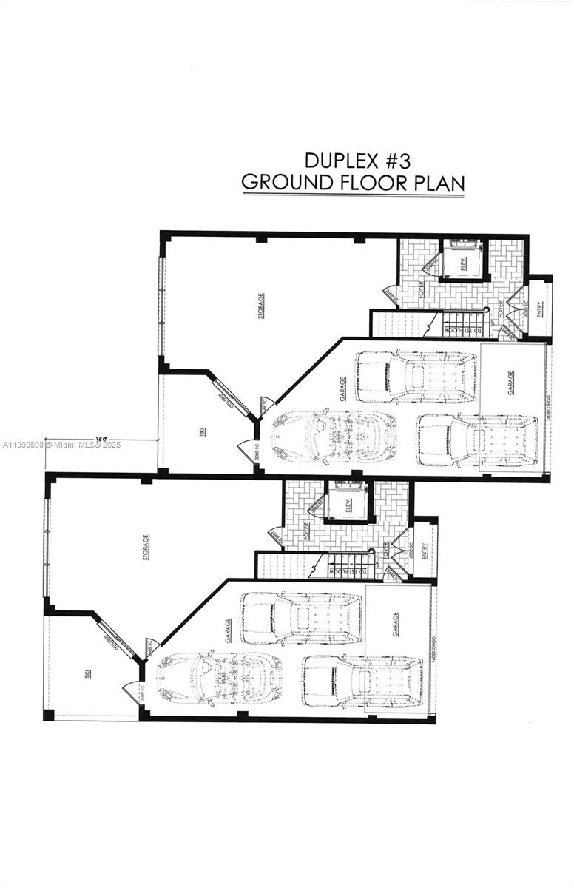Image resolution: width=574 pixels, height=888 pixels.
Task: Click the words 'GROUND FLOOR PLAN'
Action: coord(353,183)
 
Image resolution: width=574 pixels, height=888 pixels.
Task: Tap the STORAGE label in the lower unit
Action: coord(146,546)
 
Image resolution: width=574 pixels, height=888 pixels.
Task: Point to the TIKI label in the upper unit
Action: coord(203,432)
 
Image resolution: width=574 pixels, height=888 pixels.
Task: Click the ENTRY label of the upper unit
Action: coord(540,309)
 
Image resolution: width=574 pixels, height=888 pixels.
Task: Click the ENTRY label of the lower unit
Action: coord(425,551)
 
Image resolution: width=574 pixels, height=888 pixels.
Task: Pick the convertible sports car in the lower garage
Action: coord(219,676)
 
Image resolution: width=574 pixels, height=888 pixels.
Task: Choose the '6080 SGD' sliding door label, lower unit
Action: coord(109,638)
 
